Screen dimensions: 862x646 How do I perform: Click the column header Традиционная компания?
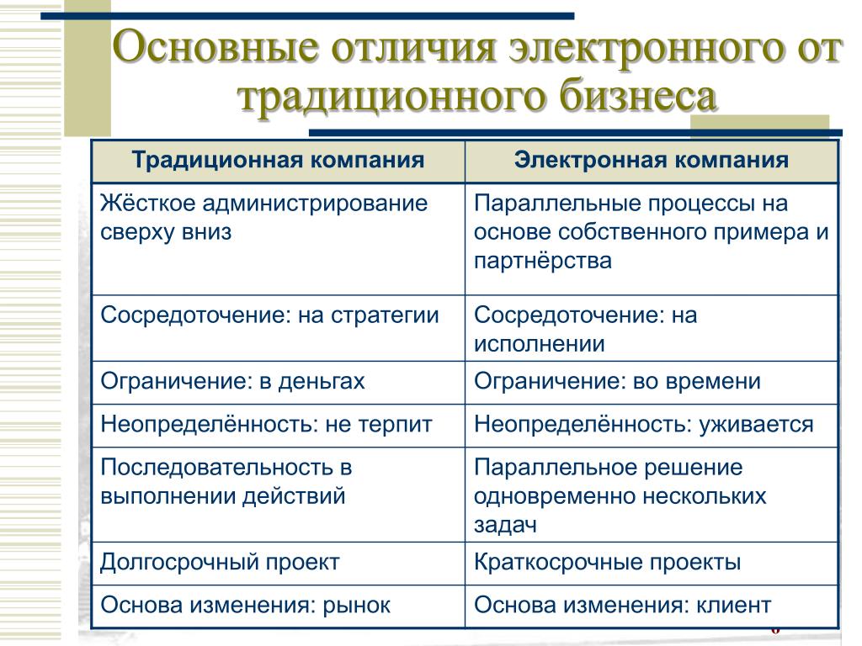(x=278, y=161)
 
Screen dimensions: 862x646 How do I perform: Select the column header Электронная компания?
(x=652, y=161)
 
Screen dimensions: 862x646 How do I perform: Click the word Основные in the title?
(x=215, y=47)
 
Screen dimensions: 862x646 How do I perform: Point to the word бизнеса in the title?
(x=638, y=96)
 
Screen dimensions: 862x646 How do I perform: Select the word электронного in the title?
(x=644, y=48)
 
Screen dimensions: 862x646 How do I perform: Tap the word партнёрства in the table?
(x=543, y=261)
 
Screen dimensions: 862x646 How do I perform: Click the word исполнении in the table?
(x=540, y=344)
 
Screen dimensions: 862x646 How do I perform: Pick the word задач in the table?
(x=505, y=525)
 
